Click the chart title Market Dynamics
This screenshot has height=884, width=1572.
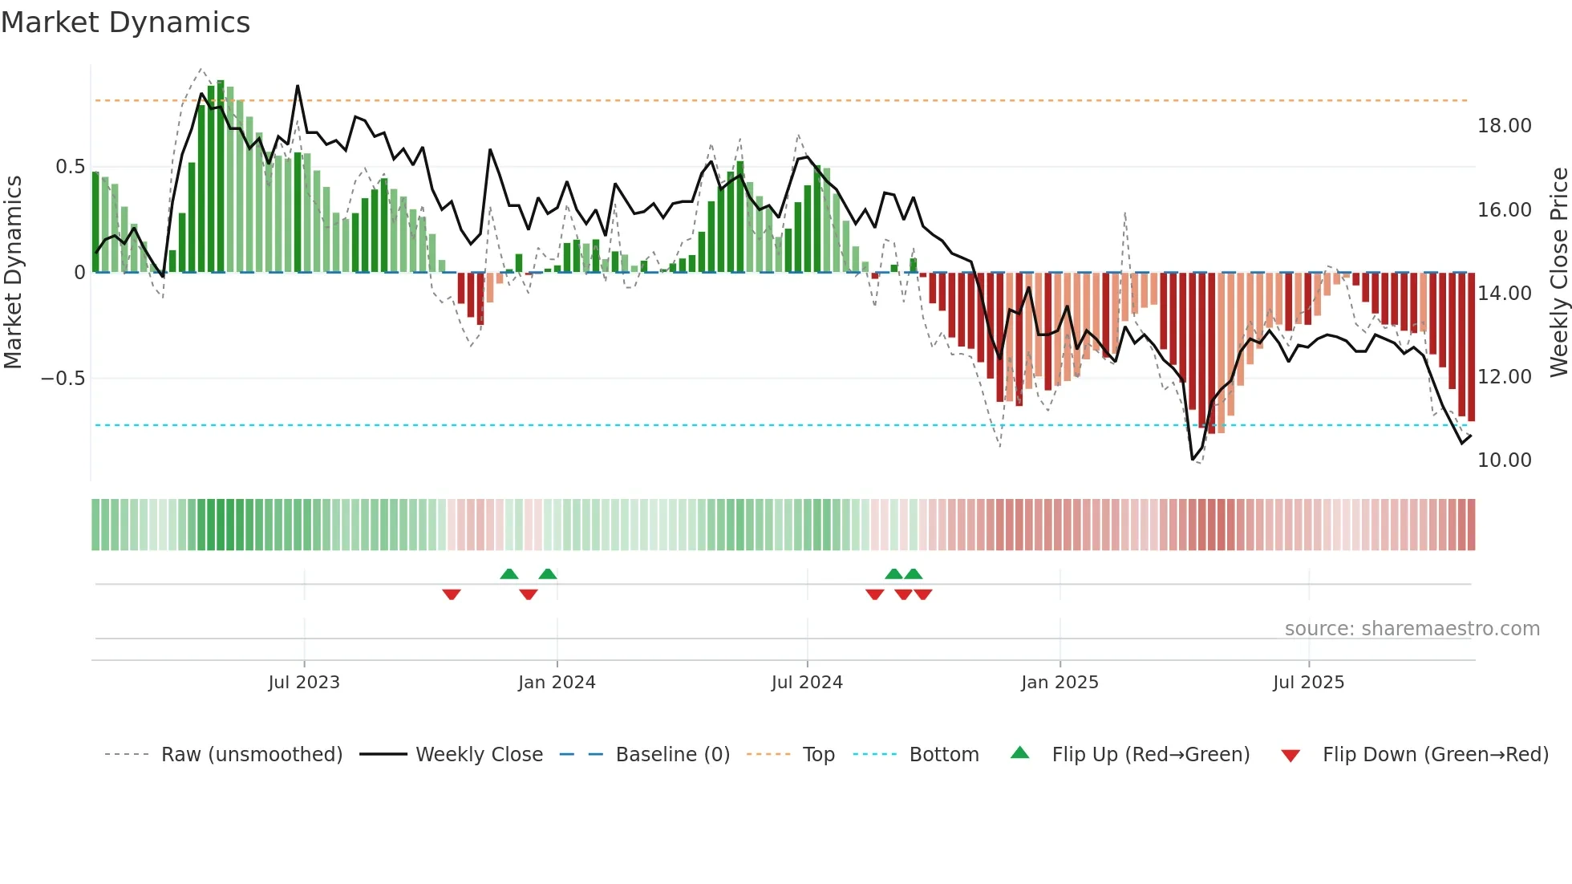(125, 22)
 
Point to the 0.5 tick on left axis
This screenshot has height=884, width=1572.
(70, 167)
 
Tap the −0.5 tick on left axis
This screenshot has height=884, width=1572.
(63, 379)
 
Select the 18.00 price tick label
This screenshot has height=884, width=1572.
(1504, 126)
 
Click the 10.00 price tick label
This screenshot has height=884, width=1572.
(1504, 460)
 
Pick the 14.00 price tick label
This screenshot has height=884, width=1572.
(1504, 294)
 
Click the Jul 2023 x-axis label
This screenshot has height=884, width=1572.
(304, 683)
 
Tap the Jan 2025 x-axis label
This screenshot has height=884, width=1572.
(1059, 683)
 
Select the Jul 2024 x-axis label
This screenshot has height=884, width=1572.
(807, 683)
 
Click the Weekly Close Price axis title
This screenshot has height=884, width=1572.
(1558, 272)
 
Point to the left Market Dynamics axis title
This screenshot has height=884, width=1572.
(13, 272)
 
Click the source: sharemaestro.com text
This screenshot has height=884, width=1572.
(1412, 629)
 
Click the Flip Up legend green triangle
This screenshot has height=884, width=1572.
(1019, 752)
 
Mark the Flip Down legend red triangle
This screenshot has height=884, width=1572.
(1290, 756)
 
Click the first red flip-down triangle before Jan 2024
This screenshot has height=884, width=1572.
(452, 594)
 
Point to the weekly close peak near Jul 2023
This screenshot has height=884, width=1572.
(298, 86)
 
